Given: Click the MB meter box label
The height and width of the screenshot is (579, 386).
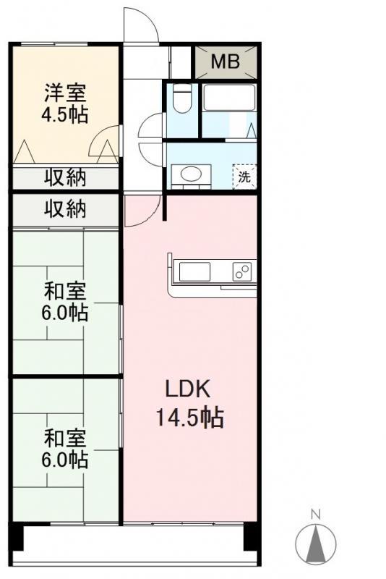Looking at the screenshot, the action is coord(226,62).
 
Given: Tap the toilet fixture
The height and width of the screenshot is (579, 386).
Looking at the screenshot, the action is coord(181,98).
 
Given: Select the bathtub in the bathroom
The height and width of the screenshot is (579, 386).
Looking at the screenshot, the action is coord(229,98).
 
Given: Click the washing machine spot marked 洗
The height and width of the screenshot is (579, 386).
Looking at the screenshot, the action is coord(244,177).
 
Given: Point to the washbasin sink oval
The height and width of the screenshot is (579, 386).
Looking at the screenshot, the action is coord(191,174).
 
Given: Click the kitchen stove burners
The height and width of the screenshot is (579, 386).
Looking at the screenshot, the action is coord(242,271).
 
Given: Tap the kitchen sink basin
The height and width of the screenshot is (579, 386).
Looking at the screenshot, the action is coord(194,271).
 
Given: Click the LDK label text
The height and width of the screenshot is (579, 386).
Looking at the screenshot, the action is coord(188,389).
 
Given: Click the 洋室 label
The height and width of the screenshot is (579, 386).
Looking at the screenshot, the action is coord(65,93).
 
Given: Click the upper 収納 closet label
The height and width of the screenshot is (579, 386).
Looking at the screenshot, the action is coord(65,177).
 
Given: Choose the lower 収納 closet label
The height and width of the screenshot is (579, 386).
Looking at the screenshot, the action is coord(65,209).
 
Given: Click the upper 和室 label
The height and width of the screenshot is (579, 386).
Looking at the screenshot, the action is coord(65,292).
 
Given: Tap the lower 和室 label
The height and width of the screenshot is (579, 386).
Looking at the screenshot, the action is coord(65,438).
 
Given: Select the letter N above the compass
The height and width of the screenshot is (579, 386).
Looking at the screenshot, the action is coord(316,514).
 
